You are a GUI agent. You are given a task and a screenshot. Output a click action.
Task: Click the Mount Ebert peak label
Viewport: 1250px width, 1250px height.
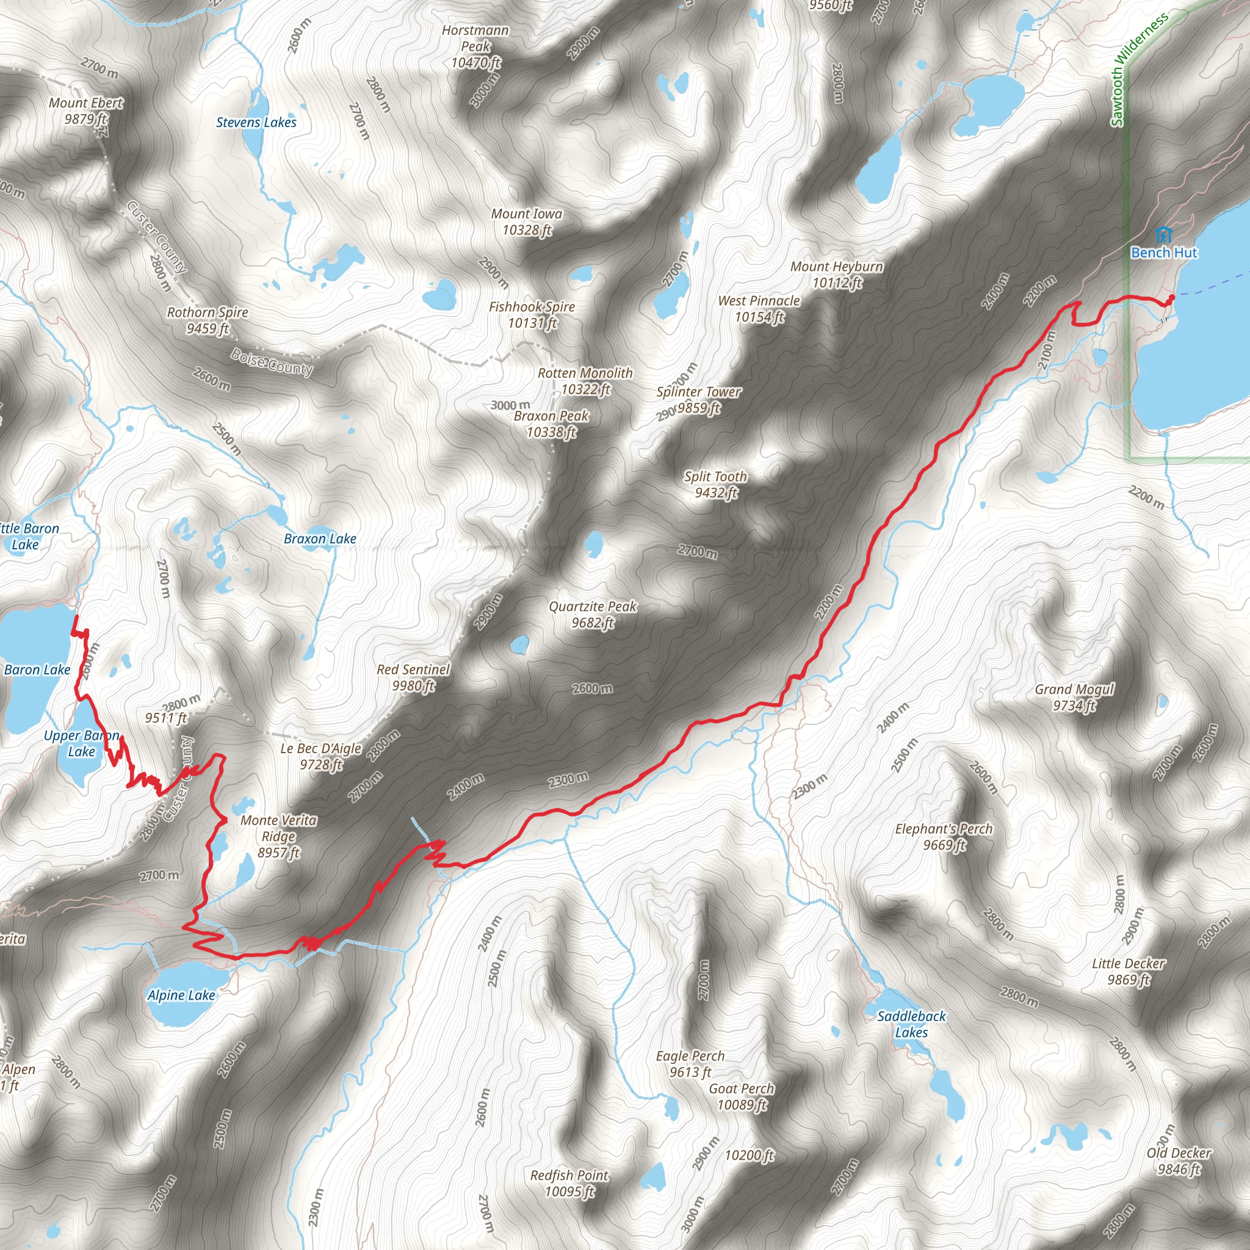click(x=85, y=110)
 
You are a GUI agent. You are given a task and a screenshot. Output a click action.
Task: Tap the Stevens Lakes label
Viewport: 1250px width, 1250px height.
click(x=256, y=122)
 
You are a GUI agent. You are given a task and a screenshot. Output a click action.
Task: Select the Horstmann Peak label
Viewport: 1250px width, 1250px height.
click(x=475, y=46)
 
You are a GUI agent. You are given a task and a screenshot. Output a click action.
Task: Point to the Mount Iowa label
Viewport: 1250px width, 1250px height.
click(x=527, y=222)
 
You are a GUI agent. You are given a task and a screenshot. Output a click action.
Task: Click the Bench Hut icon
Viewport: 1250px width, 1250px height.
click(x=1163, y=234)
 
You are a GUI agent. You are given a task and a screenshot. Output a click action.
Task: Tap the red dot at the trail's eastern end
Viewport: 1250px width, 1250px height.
click(x=1171, y=298)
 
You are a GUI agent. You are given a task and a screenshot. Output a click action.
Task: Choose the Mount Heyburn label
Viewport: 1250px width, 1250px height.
click(x=837, y=274)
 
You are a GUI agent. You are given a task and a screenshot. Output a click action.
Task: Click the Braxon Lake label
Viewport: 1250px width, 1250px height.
click(x=320, y=538)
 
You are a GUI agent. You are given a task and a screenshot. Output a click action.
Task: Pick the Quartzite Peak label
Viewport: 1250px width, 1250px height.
click(x=593, y=614)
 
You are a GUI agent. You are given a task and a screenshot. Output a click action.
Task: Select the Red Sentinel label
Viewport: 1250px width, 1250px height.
click(x=413, y=677)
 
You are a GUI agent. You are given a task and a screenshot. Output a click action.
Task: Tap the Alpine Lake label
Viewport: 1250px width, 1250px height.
click(x=181, y=995)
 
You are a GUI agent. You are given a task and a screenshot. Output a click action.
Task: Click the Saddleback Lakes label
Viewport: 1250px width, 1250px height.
click(x=911, y=1024)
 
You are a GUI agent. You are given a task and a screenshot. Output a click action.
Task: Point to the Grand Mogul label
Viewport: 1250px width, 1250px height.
click(x=1075, y=697)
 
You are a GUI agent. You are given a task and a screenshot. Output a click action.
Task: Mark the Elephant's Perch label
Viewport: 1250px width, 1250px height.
click(x=944, y=837)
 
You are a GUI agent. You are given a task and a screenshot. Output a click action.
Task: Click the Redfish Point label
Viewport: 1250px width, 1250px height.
click(x=569, y=1183)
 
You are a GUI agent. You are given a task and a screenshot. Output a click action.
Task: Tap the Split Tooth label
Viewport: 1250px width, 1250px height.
click(x=715, y=484)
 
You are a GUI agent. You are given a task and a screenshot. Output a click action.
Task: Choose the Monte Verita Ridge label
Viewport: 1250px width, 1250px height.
click(x=279, y=836)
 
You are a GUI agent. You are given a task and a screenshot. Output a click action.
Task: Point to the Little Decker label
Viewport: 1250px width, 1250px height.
click(x=1129, y=971)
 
